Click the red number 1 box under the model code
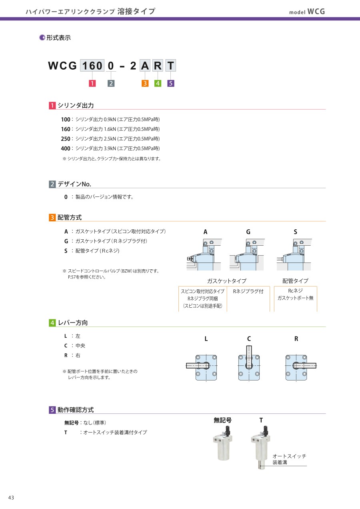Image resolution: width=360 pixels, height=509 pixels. (92, 84)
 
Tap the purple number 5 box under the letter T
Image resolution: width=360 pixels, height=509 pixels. (171, 84)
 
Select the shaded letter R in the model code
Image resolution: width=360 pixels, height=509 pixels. (158, 65)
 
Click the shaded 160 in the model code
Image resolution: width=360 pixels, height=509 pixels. (92, 65)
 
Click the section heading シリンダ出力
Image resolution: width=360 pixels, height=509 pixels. (76, 106)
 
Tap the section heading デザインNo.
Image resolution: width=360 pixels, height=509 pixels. (74, 184)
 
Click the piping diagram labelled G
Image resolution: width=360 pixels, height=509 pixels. (246, 255)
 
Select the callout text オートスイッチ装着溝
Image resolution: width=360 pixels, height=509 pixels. (289, 459)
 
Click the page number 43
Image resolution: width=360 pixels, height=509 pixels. (11, 497)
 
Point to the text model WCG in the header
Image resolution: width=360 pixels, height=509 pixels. (307, 12)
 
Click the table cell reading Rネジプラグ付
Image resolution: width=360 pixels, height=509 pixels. (248, 292)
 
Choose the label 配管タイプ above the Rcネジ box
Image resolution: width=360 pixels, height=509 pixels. (295, 281)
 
